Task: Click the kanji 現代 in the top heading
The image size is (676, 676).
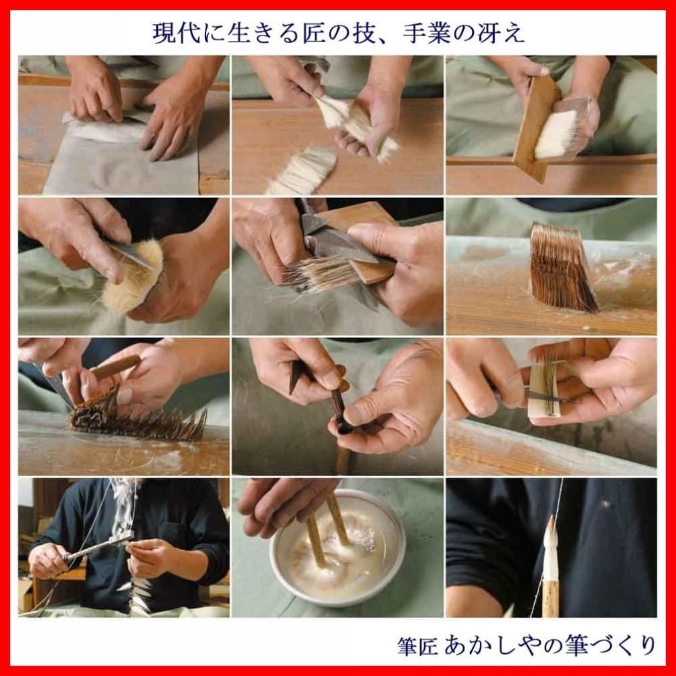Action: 176,33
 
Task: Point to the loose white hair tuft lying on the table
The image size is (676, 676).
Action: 301,170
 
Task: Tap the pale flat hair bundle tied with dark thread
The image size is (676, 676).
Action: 544,388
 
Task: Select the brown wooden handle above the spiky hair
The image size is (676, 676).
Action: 114,367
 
